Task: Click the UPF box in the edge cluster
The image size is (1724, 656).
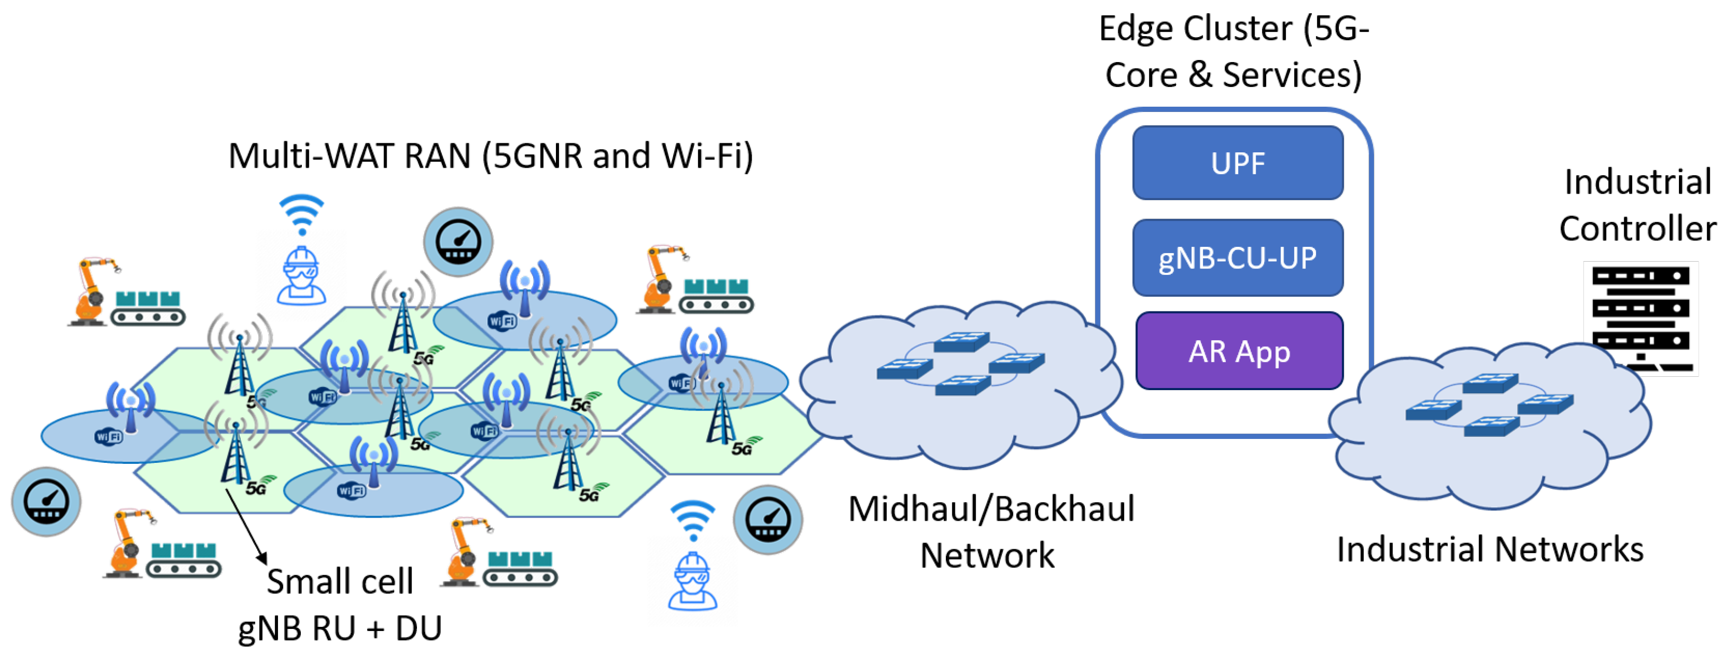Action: coord(1238,162)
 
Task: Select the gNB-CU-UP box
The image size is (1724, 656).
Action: coord(1238,258)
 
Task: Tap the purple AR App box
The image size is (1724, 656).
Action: coord(1239,351)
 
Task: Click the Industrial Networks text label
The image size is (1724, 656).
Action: coord(1490,549)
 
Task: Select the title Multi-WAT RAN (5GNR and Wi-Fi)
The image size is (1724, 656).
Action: coord(491,156)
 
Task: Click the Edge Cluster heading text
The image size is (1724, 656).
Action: coord(1233,51)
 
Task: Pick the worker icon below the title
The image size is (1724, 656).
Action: coord(302,276)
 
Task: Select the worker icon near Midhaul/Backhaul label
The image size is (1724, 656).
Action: coord(693,581)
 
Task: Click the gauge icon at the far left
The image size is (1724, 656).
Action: coord(46,502)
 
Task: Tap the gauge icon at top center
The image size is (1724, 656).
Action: coord(458,241)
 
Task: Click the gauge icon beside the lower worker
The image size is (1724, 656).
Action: coord(768,520)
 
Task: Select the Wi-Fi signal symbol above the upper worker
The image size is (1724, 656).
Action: coord(302,214)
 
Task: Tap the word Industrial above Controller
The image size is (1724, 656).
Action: coord(1637,182)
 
